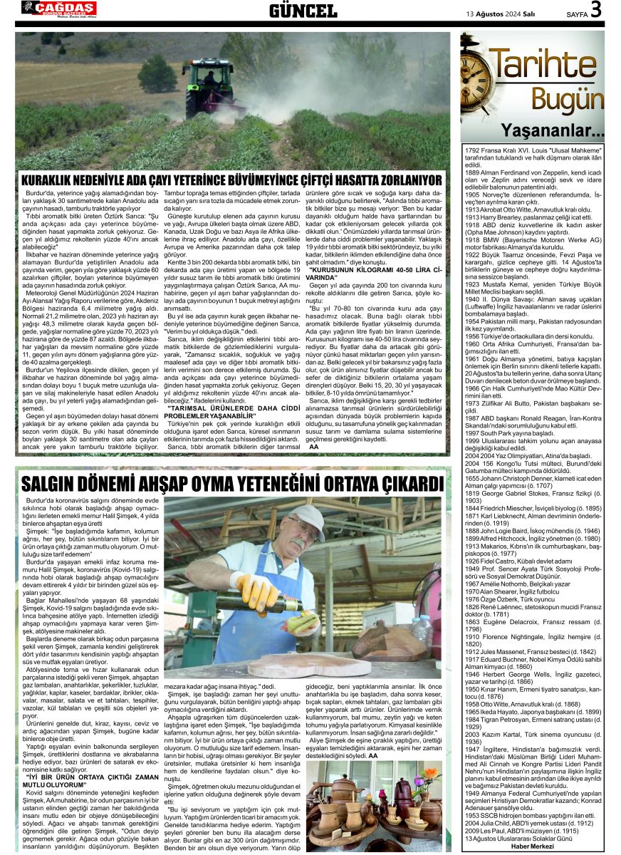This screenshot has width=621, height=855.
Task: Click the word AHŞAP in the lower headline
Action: pos(192,484)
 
